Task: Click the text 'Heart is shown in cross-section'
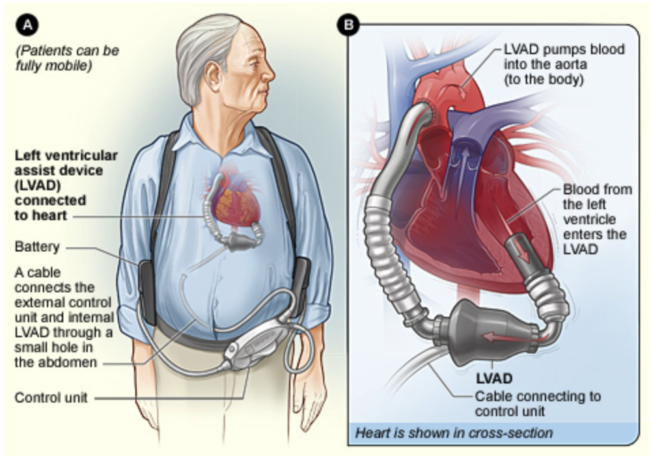[453, 433]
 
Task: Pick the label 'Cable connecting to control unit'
[537, 403]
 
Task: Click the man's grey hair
[205, 46]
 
